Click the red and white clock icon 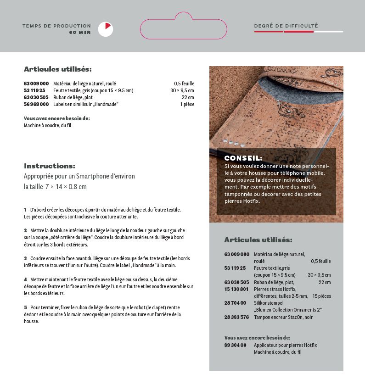pyautogui.click(x=106, y=29)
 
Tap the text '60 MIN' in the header pyautogui.click(x=80, y=33)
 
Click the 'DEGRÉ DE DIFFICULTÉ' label pyautogui.click(x=286, y=26)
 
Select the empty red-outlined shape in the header pyautogui.click(x=184, y=28)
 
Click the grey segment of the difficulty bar pyautogui.click(x=328, y=32)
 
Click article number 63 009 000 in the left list pyautogui.click(x=36, y=84)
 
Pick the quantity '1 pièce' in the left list pyautogui.click(x=187, y=104)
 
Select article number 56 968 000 pyautogui.click(x=36, y=104)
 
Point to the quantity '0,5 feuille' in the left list pyautogui.click(x=184, y=84)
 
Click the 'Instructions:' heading pyautogui.click(x=50, y=166)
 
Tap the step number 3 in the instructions pyautogui.click(x=25, y=258)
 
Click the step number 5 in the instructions pyautogui.click(x=25, y=307)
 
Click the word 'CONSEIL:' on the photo pyautogui.click(x=243, y=158)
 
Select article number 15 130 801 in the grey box pyautogui.click(x=236, y=289)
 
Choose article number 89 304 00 pyautogui.click(x=235, y=345)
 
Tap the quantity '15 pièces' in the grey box pyautogui.click(x=321, y=296)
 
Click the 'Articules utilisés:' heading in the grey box pyautogui.click(x=258, y=240)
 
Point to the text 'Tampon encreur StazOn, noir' pyautogui.click(x=283, y=317)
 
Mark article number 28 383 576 pyautogui.click(x=236, y=317)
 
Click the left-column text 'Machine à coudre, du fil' pyautogui.click(x=47, y=125)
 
